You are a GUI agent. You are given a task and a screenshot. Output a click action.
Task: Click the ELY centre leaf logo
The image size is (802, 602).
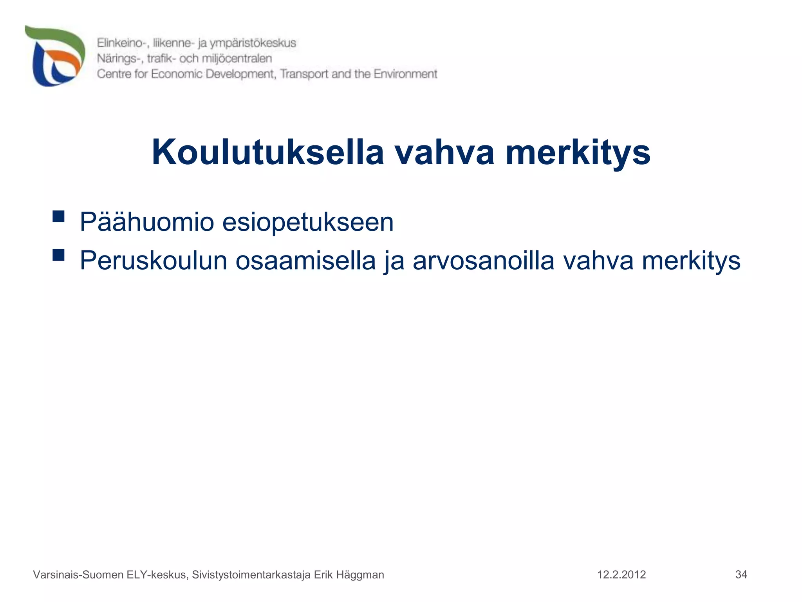[55, 56]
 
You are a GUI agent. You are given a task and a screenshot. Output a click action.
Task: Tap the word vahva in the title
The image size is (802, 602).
[444, 152]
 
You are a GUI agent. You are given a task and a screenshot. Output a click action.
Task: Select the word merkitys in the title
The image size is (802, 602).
[578, 153]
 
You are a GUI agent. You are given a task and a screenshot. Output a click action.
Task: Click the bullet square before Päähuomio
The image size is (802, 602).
[58, 216]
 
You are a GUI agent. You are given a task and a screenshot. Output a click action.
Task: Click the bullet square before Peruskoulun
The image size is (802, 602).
[58, 255]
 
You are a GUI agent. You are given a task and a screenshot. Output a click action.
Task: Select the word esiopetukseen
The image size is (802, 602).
[308, 222]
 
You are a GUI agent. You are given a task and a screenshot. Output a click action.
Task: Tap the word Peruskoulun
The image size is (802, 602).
[153, 261]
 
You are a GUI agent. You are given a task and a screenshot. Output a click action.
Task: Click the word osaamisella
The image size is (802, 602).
[305, 261]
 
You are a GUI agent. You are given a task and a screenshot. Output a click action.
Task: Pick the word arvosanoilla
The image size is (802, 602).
[484, 261]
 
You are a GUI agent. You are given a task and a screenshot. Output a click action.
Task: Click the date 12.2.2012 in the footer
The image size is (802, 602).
[621, 575]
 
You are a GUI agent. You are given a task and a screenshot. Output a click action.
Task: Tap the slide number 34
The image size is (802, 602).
[741, 575]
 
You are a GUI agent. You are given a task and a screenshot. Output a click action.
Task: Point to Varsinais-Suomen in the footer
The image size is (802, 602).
[78, 575]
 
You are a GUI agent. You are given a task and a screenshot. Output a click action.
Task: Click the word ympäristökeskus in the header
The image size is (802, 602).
[253, 43]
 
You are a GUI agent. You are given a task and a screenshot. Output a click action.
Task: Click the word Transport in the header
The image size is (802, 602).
[304, 74]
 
